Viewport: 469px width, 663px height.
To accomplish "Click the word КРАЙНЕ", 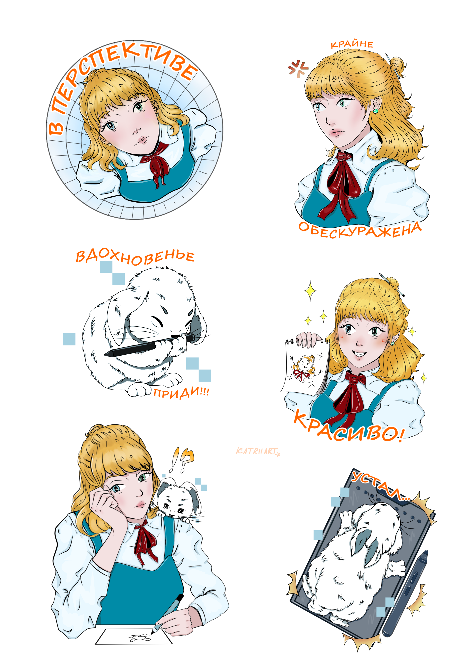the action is click(x=352, y=44).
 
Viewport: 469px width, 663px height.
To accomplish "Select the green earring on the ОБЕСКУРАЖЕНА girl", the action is click(x=375, y=111).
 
